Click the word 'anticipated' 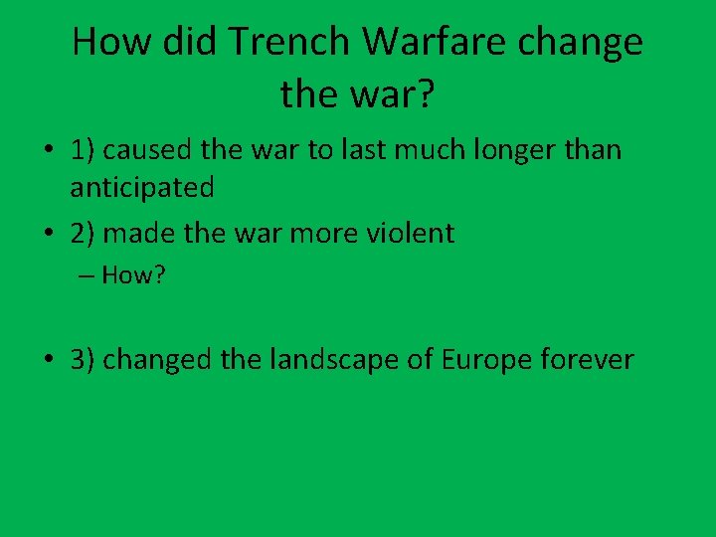(x=142, y=186)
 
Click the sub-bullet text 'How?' (x=132, y=275)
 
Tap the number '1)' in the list (x=83, y=150)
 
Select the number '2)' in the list (x=83, y=234)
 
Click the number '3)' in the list (x=83, y=359)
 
